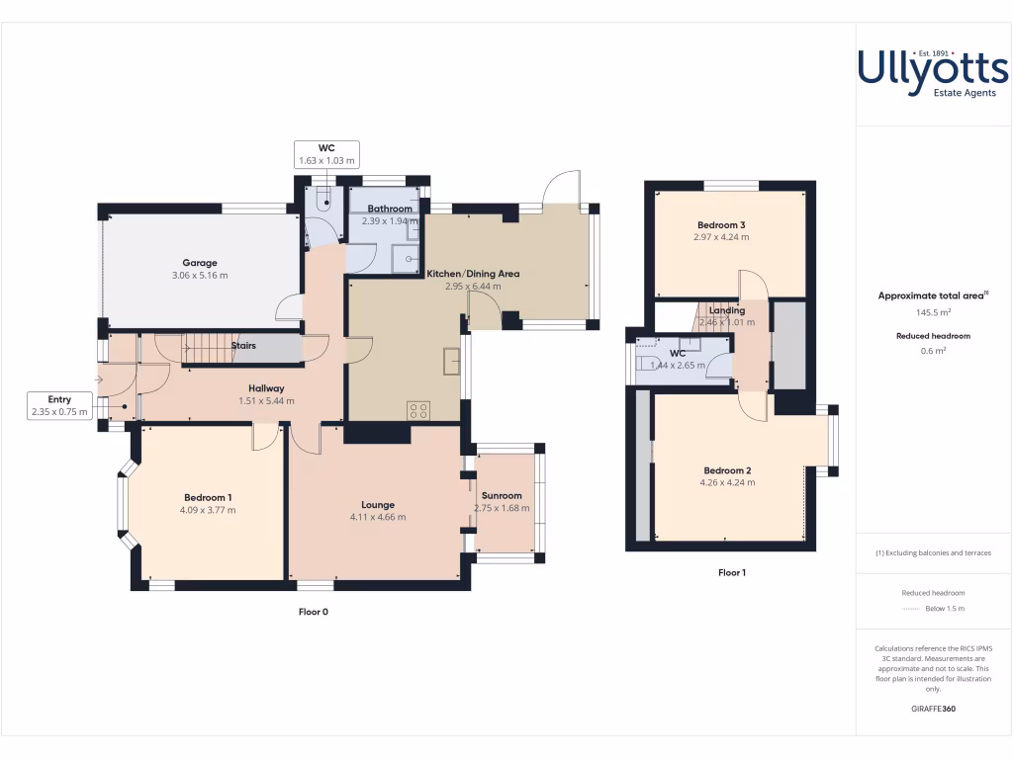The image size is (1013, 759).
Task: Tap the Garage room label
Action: pyautogui.click(x=199, y=263)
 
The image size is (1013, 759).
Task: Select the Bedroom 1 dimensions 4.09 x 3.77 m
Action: pyautogui.click(x=208, y=510)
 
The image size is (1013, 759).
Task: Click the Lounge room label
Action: pyautogui.click(x=378, y=504)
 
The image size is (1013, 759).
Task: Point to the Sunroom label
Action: pyautogui.click(x=502, y=495)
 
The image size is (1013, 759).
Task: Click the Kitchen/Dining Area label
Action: pyautogui.click(x=472, y=274)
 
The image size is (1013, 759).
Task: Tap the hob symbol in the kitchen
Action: pyautogui.click(x=417, y=409)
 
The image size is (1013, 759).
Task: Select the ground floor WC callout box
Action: pyautogui.click(x=326, y=153)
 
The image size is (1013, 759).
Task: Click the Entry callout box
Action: pyautogui.click(x=58, y=405)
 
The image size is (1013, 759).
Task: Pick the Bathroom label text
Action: pyautogui.click(x=390, y=209)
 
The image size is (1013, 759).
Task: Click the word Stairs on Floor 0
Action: pyautogui.click(x=243, y=346)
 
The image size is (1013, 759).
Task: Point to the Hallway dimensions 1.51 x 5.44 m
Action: pyautogui.click(x=266, y=401)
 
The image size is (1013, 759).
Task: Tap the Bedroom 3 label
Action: pyautogui.click(x=720, y=225)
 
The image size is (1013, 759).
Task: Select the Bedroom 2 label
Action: pyautogui.click(x=727, y=470)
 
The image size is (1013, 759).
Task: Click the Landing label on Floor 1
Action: pyautogui.click(x=727, y=310)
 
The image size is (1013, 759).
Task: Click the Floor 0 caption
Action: pyautogui.click(x=313, y=612)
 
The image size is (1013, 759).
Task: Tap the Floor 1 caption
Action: pyautogui.click(x=732, y=572)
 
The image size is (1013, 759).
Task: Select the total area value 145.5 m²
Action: pyautogui.click(x=933, y=312)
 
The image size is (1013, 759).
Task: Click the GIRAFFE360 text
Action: pyautogui.click(x=933, y=709)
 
